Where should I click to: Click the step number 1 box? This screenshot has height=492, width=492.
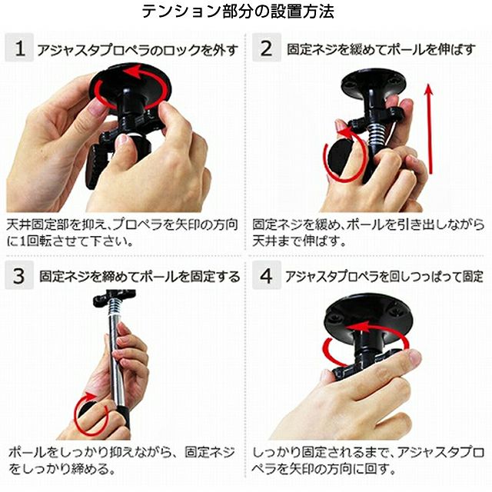19,48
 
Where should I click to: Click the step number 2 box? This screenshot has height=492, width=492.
267,48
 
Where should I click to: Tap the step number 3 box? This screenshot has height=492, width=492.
19,275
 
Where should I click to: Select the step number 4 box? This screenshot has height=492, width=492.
267,275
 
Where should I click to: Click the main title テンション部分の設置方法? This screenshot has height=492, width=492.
238,12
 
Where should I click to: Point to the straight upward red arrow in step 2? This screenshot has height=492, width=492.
429,128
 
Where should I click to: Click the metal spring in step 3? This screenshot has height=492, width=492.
115,306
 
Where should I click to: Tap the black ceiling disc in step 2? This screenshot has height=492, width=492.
374,82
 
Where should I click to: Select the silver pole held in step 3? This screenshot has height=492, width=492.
117,361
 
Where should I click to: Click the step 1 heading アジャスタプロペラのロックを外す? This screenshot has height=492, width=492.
138,50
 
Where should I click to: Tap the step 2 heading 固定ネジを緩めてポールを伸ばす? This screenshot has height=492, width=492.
381,49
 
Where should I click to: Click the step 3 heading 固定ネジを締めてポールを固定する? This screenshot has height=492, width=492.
140,277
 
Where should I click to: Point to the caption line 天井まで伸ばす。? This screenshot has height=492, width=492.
299,241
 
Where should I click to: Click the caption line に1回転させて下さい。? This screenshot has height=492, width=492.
70,241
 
